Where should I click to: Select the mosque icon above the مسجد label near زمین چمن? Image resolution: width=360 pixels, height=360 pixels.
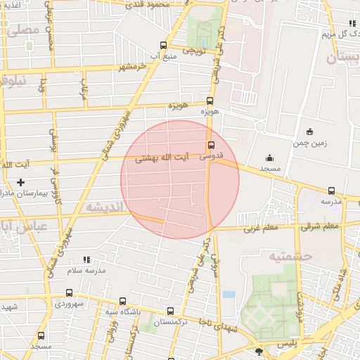269,157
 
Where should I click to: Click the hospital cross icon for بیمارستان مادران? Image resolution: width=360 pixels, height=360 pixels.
21,182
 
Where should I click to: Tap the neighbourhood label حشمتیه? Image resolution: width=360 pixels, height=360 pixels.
289,256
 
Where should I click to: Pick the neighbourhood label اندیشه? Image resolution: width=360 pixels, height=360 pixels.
103,206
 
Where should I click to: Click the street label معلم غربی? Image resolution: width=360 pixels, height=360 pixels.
261,228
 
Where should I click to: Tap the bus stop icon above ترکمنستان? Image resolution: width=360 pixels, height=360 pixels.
170,310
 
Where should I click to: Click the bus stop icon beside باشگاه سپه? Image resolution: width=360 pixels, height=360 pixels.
123,301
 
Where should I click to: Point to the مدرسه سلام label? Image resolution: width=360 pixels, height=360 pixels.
86,270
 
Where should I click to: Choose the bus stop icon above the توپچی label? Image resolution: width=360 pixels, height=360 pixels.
164,45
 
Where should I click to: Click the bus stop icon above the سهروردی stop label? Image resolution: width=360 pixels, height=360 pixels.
68,292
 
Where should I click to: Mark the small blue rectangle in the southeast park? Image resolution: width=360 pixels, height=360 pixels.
229,295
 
